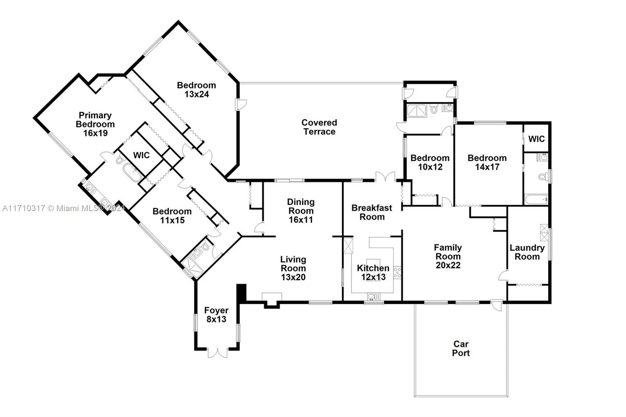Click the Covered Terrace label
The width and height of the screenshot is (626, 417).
[x=319, y=127]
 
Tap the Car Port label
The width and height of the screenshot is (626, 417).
[x=461, y=348]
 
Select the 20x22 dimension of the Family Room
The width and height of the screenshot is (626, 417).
[x=448, y=265]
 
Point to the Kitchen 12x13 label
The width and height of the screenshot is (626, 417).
[x=373, y=273]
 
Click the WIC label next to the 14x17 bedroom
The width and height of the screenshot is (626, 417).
[x=536, y=139]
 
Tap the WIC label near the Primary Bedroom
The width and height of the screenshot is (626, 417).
[x=141, y=155]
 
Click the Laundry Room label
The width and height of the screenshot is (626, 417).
[x=527, y=252]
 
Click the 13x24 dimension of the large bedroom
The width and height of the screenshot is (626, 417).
[x=196, y=94]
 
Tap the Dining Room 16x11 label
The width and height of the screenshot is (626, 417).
[x=300, y=211]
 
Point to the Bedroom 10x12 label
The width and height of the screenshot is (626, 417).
[x=430, y=162]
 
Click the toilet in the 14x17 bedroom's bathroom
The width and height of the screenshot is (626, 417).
[x=543, y=177]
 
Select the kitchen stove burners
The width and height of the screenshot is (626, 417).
[x=397, y=272]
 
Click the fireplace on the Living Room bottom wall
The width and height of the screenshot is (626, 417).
[x=272, y=300]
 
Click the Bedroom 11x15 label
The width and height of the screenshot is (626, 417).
[x=172, y=216]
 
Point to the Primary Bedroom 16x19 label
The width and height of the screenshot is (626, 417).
[x=95, y=124]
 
